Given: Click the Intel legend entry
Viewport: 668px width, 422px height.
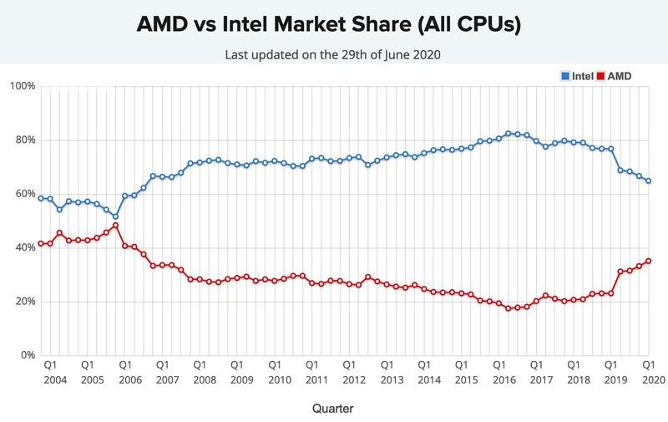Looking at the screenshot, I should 577,76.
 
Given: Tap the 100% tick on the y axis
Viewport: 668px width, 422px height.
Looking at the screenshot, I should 21,86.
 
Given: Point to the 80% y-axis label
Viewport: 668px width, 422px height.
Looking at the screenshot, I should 23,140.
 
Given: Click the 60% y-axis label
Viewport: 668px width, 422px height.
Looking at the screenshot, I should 23,194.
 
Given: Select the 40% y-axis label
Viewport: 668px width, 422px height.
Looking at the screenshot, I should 23,247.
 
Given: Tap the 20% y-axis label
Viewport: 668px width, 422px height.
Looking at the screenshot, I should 23,301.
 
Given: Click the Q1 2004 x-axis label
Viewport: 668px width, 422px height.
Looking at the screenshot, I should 50,371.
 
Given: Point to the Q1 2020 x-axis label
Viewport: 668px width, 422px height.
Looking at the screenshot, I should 649,371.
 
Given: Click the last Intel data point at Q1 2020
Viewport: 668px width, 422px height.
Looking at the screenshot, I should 649,180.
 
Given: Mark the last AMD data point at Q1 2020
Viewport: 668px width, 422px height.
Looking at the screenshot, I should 649,261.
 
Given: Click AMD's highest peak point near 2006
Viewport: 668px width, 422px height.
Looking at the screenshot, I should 115,225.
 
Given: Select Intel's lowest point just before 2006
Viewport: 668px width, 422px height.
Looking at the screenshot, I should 115,216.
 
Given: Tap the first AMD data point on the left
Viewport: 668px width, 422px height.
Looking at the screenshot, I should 40,243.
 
